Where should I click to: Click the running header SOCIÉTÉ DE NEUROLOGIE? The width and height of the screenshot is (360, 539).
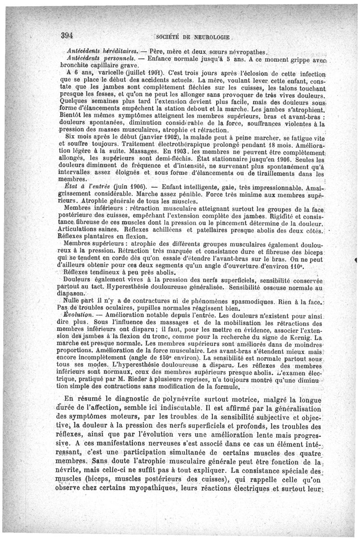click(193, 36)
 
